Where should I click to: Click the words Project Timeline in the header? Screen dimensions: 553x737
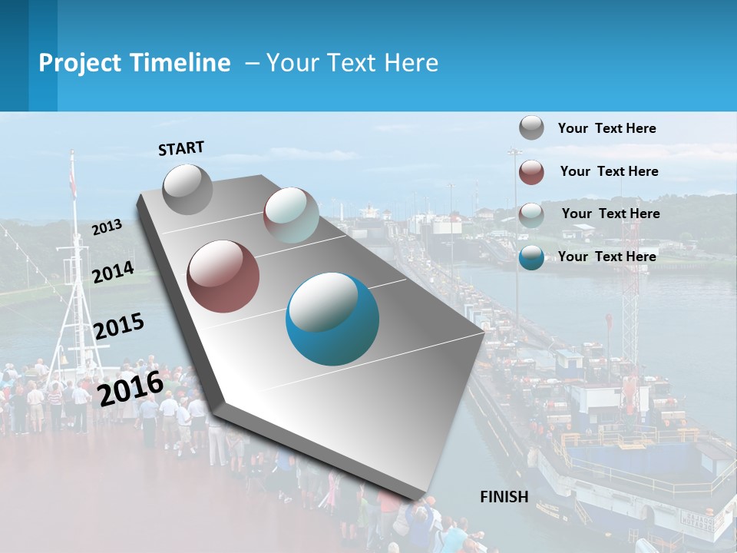pyautogui.click(x=134, y=63)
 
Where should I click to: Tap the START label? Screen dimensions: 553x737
pyautogui.click(x=181, y=148)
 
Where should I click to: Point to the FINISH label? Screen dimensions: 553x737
pyautogui.click(x=504, y=497)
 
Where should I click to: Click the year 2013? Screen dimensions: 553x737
pyautogui.click(x=107, y=227)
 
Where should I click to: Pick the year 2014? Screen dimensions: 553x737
pyautogui.click(x=113, y=272)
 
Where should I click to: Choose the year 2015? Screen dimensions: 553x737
pyautogui.click(x=118, y=326)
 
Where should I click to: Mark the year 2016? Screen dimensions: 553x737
pyautogui.click(x=131, y=388)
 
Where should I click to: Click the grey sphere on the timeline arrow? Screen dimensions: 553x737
pyautogui.click(x=187, y=189)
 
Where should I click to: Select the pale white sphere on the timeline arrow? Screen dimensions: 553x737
pyautogui.click(x=291, y=215)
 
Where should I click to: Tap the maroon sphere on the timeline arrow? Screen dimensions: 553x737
pyautogui.click(x=223, y=276)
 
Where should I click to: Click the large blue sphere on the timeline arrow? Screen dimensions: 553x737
pyautogui.click(x=332, y=318)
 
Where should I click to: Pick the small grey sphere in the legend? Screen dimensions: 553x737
pyautogui.click(x=531, y=128)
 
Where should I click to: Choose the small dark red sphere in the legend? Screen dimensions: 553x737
pyautogui.click(x=531, y=172)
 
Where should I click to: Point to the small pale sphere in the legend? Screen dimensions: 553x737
pyautogui.click(x=531, y=215)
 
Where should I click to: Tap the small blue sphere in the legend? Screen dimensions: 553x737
pyautogui.click(x=531, y=257)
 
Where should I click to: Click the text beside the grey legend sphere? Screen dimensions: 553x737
pyautogui.click(x=606, y=129)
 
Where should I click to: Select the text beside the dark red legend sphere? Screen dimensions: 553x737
pyautogui.click(x=609, y=171)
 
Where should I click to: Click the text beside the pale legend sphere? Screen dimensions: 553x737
pyautogui.click(x=610, y=214)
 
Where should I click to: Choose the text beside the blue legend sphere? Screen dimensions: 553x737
pyautogui.click(x=606, y=257)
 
